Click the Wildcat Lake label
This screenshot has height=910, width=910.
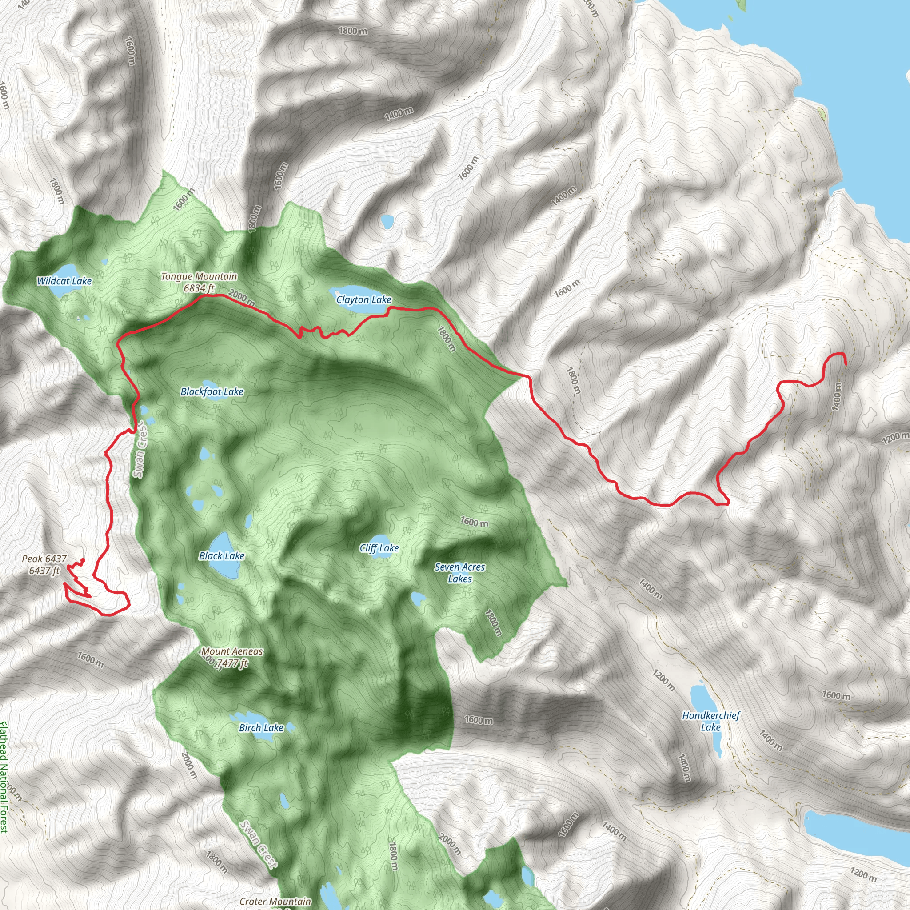(x=64, y=281)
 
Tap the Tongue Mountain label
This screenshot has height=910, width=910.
(x=199, y=276)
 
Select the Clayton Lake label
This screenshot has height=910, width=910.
(x=363, y=299)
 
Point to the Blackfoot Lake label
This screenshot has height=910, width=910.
(x=212, y=391)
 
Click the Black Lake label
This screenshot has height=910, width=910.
(x=221, y=556)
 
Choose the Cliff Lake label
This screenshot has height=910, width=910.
(x=379, y=548)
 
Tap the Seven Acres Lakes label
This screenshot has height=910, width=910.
(x=460, y=573)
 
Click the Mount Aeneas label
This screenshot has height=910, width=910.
(x=232, y=651)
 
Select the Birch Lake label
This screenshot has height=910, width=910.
(x=261, y=728)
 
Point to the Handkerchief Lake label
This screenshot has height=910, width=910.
(x=711, y=721)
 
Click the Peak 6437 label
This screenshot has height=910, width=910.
(x=44, y=559)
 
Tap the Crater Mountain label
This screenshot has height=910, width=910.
(x=275, y=902)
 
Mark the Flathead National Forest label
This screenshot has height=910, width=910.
(x=4, y=777)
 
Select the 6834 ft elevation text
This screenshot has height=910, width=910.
(x=199, y=288)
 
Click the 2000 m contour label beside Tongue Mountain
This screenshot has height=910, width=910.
(x=242, y=298)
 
